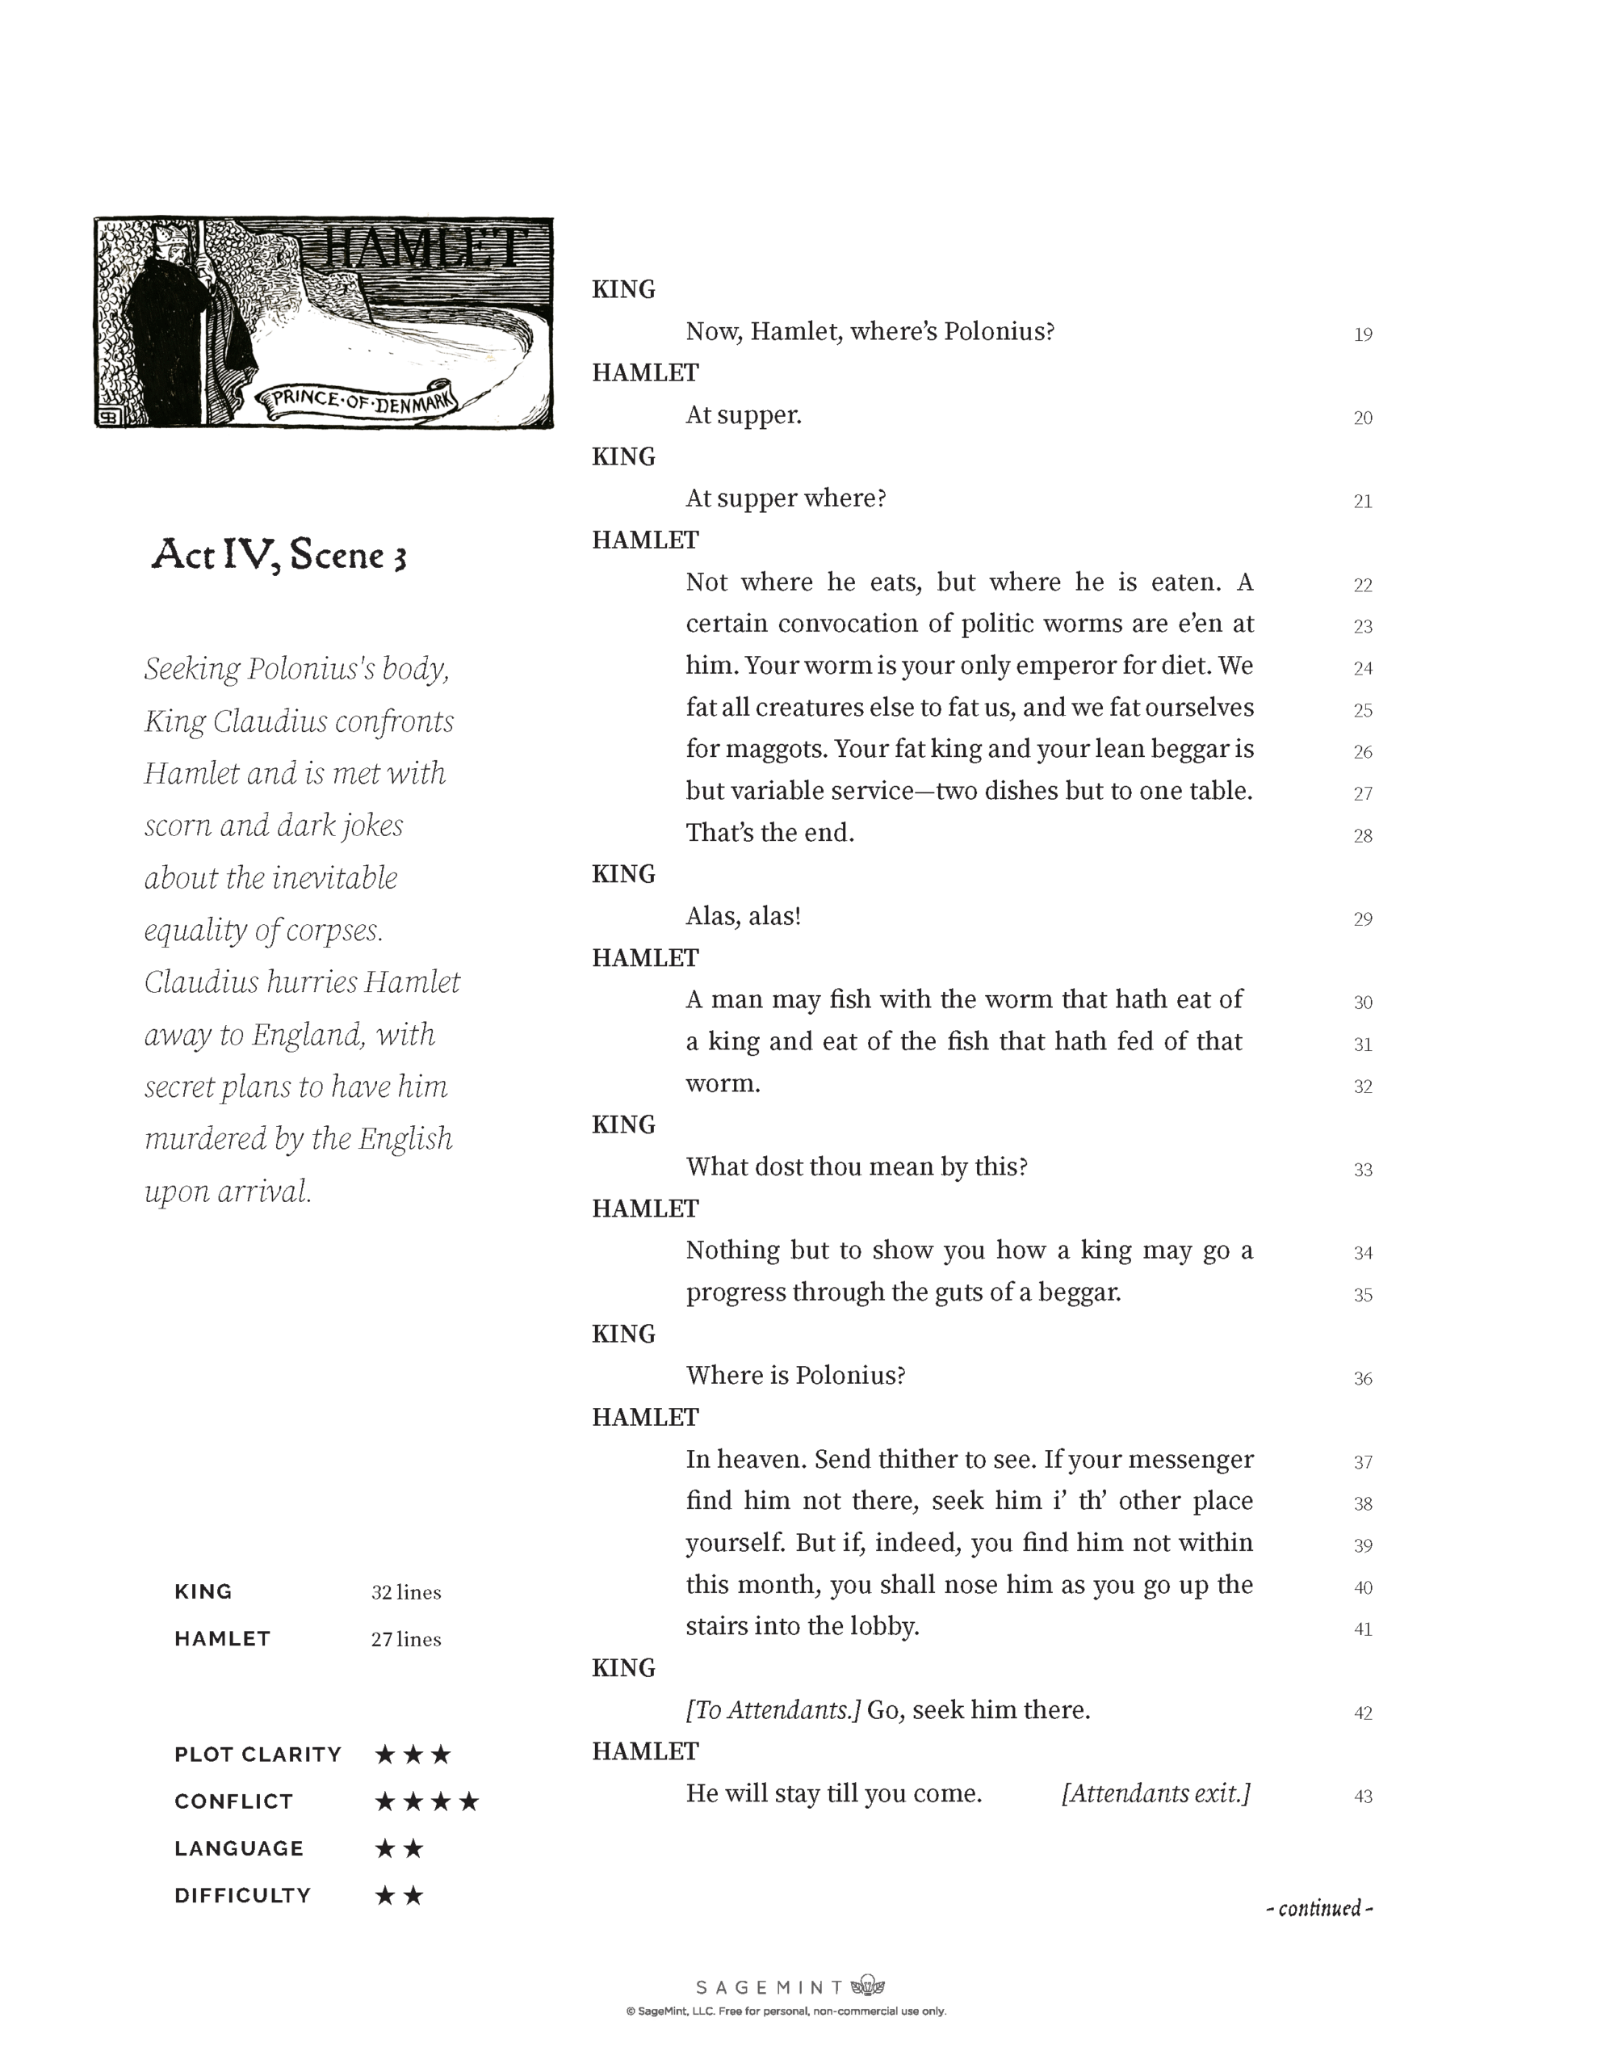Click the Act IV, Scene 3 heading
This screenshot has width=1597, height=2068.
[x=279, y=555]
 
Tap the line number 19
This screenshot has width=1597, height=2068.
[x=1362, y=334]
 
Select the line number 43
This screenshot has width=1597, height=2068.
[x=1362, y=1797]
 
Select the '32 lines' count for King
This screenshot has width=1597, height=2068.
[x=406, y=1593]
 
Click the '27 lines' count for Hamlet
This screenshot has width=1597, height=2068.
[x=406, y=1639]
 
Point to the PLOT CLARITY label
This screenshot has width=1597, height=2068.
[x=258, y=1755]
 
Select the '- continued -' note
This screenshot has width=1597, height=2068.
[x=1318, y=1908]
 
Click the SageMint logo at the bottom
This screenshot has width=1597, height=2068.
[x=790, y=1986]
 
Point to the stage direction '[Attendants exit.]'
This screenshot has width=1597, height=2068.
[x=1156, y=1793]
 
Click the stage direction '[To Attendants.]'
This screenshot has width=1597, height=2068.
[x=773, y=1710]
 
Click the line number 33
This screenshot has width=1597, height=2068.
[x=1362, y=1170]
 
